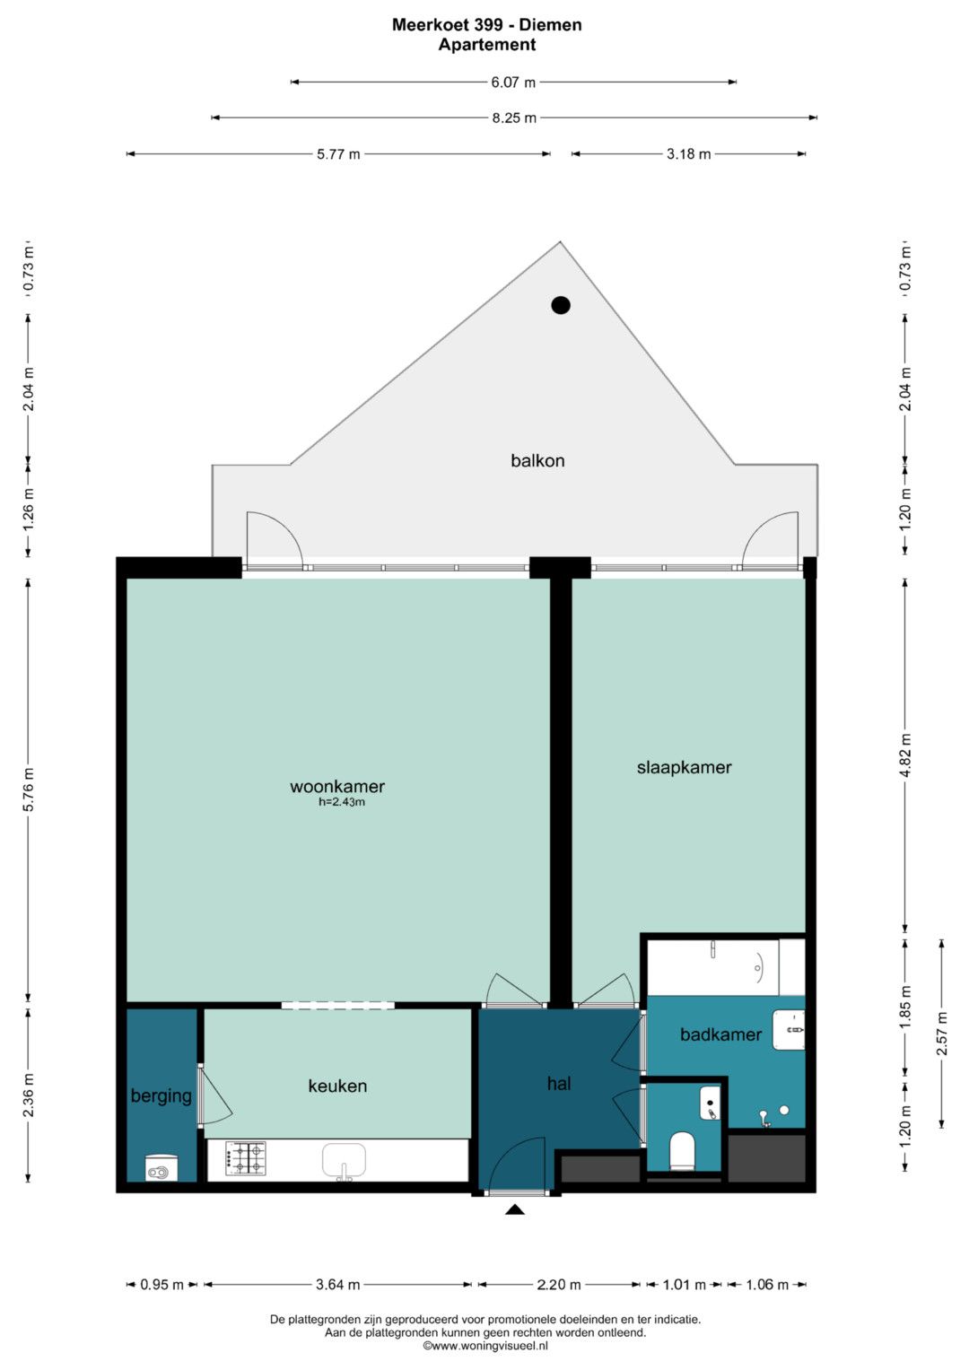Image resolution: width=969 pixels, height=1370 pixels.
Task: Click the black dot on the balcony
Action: pyautogui.click(x=561, y=304)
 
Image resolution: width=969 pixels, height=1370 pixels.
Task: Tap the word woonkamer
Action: pyautogui.click(x=337, y=787)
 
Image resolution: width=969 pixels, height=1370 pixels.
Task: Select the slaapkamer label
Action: pyautogui.click(x=684, y=768)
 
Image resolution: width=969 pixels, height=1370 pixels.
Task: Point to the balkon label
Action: pyautogui.click(x=537, y=460)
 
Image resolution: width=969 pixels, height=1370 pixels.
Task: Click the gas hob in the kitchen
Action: pyautogui.click(x=246, y=1159)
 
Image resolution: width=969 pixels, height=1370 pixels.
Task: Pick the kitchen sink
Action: pyautogui.click(x=344, y=1161)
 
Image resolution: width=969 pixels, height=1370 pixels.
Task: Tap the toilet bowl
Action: pyautogui.click(x=682, y=1151)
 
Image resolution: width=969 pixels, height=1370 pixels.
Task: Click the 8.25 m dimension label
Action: pyautogui.click(x=514, y=118)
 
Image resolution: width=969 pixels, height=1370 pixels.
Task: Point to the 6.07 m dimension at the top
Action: pyautogui.click(x=512, y=82)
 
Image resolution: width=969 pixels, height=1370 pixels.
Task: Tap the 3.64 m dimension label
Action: pyautogui.click(x=337, y=1285)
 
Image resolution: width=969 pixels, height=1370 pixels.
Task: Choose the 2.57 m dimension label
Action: pyautogui.click(x=942, y=1034)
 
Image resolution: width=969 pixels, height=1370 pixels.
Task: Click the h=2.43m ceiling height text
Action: pyautogui.click(x=341, y=802)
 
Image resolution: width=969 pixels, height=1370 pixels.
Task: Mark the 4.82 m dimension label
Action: pyautogui.click(x=906, y=755)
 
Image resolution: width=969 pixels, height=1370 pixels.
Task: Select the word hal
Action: pyautogui.click(x=558, y=1084)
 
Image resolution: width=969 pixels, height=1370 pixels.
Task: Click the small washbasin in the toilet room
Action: pyautogui.click(x=710, y=1103)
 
